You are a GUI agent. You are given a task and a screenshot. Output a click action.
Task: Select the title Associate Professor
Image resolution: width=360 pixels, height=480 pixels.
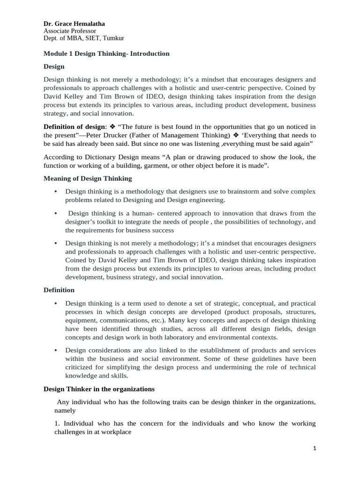click(x=69, y=31)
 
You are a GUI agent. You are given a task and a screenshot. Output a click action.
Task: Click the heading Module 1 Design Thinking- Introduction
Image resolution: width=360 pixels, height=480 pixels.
click(x=106, y=53)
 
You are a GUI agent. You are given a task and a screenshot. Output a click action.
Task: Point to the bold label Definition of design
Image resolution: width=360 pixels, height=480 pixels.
click(x=74, y=127)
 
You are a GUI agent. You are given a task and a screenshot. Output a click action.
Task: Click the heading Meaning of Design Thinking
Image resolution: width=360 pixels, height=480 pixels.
click(x=88, y=178)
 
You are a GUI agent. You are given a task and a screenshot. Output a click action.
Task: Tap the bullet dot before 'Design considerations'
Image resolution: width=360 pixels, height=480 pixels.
click(x=56, y=351)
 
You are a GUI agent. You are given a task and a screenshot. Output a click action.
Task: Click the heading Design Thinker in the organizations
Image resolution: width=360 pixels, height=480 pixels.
click(x=99, y=389)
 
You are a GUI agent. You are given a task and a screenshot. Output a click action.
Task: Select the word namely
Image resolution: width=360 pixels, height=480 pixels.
click(x=65, y=410)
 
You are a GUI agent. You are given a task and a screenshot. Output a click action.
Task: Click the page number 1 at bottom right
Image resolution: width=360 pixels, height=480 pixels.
click(x=315, y=449)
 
